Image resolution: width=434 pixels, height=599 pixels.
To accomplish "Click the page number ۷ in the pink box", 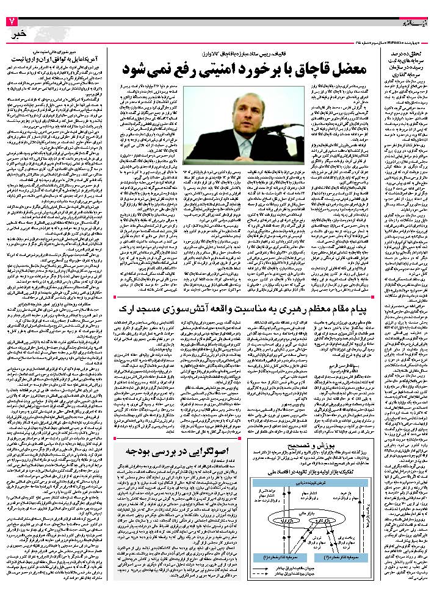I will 10,22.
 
